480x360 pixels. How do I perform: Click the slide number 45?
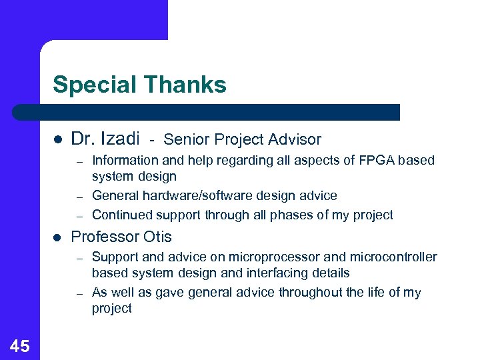(x=20, y=345)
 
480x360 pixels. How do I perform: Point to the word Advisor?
(x=295, y=139)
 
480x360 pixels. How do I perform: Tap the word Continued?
(x=121, y=215)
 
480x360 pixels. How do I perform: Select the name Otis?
(x=157, y=237)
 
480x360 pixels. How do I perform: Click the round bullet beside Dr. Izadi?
(x=58, y=139)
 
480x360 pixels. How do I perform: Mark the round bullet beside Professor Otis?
(x=58, y=237)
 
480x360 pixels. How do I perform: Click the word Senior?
(x=184, y=139)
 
